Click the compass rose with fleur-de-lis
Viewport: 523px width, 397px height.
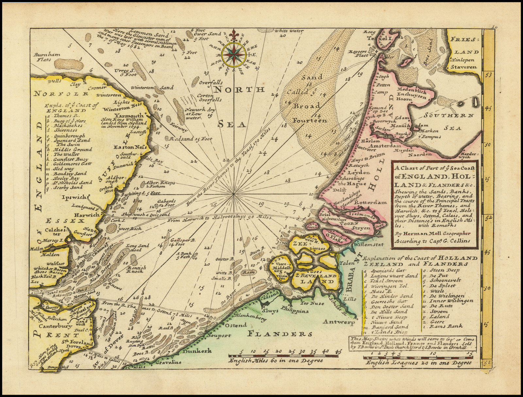234,53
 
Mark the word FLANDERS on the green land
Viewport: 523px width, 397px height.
279,334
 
